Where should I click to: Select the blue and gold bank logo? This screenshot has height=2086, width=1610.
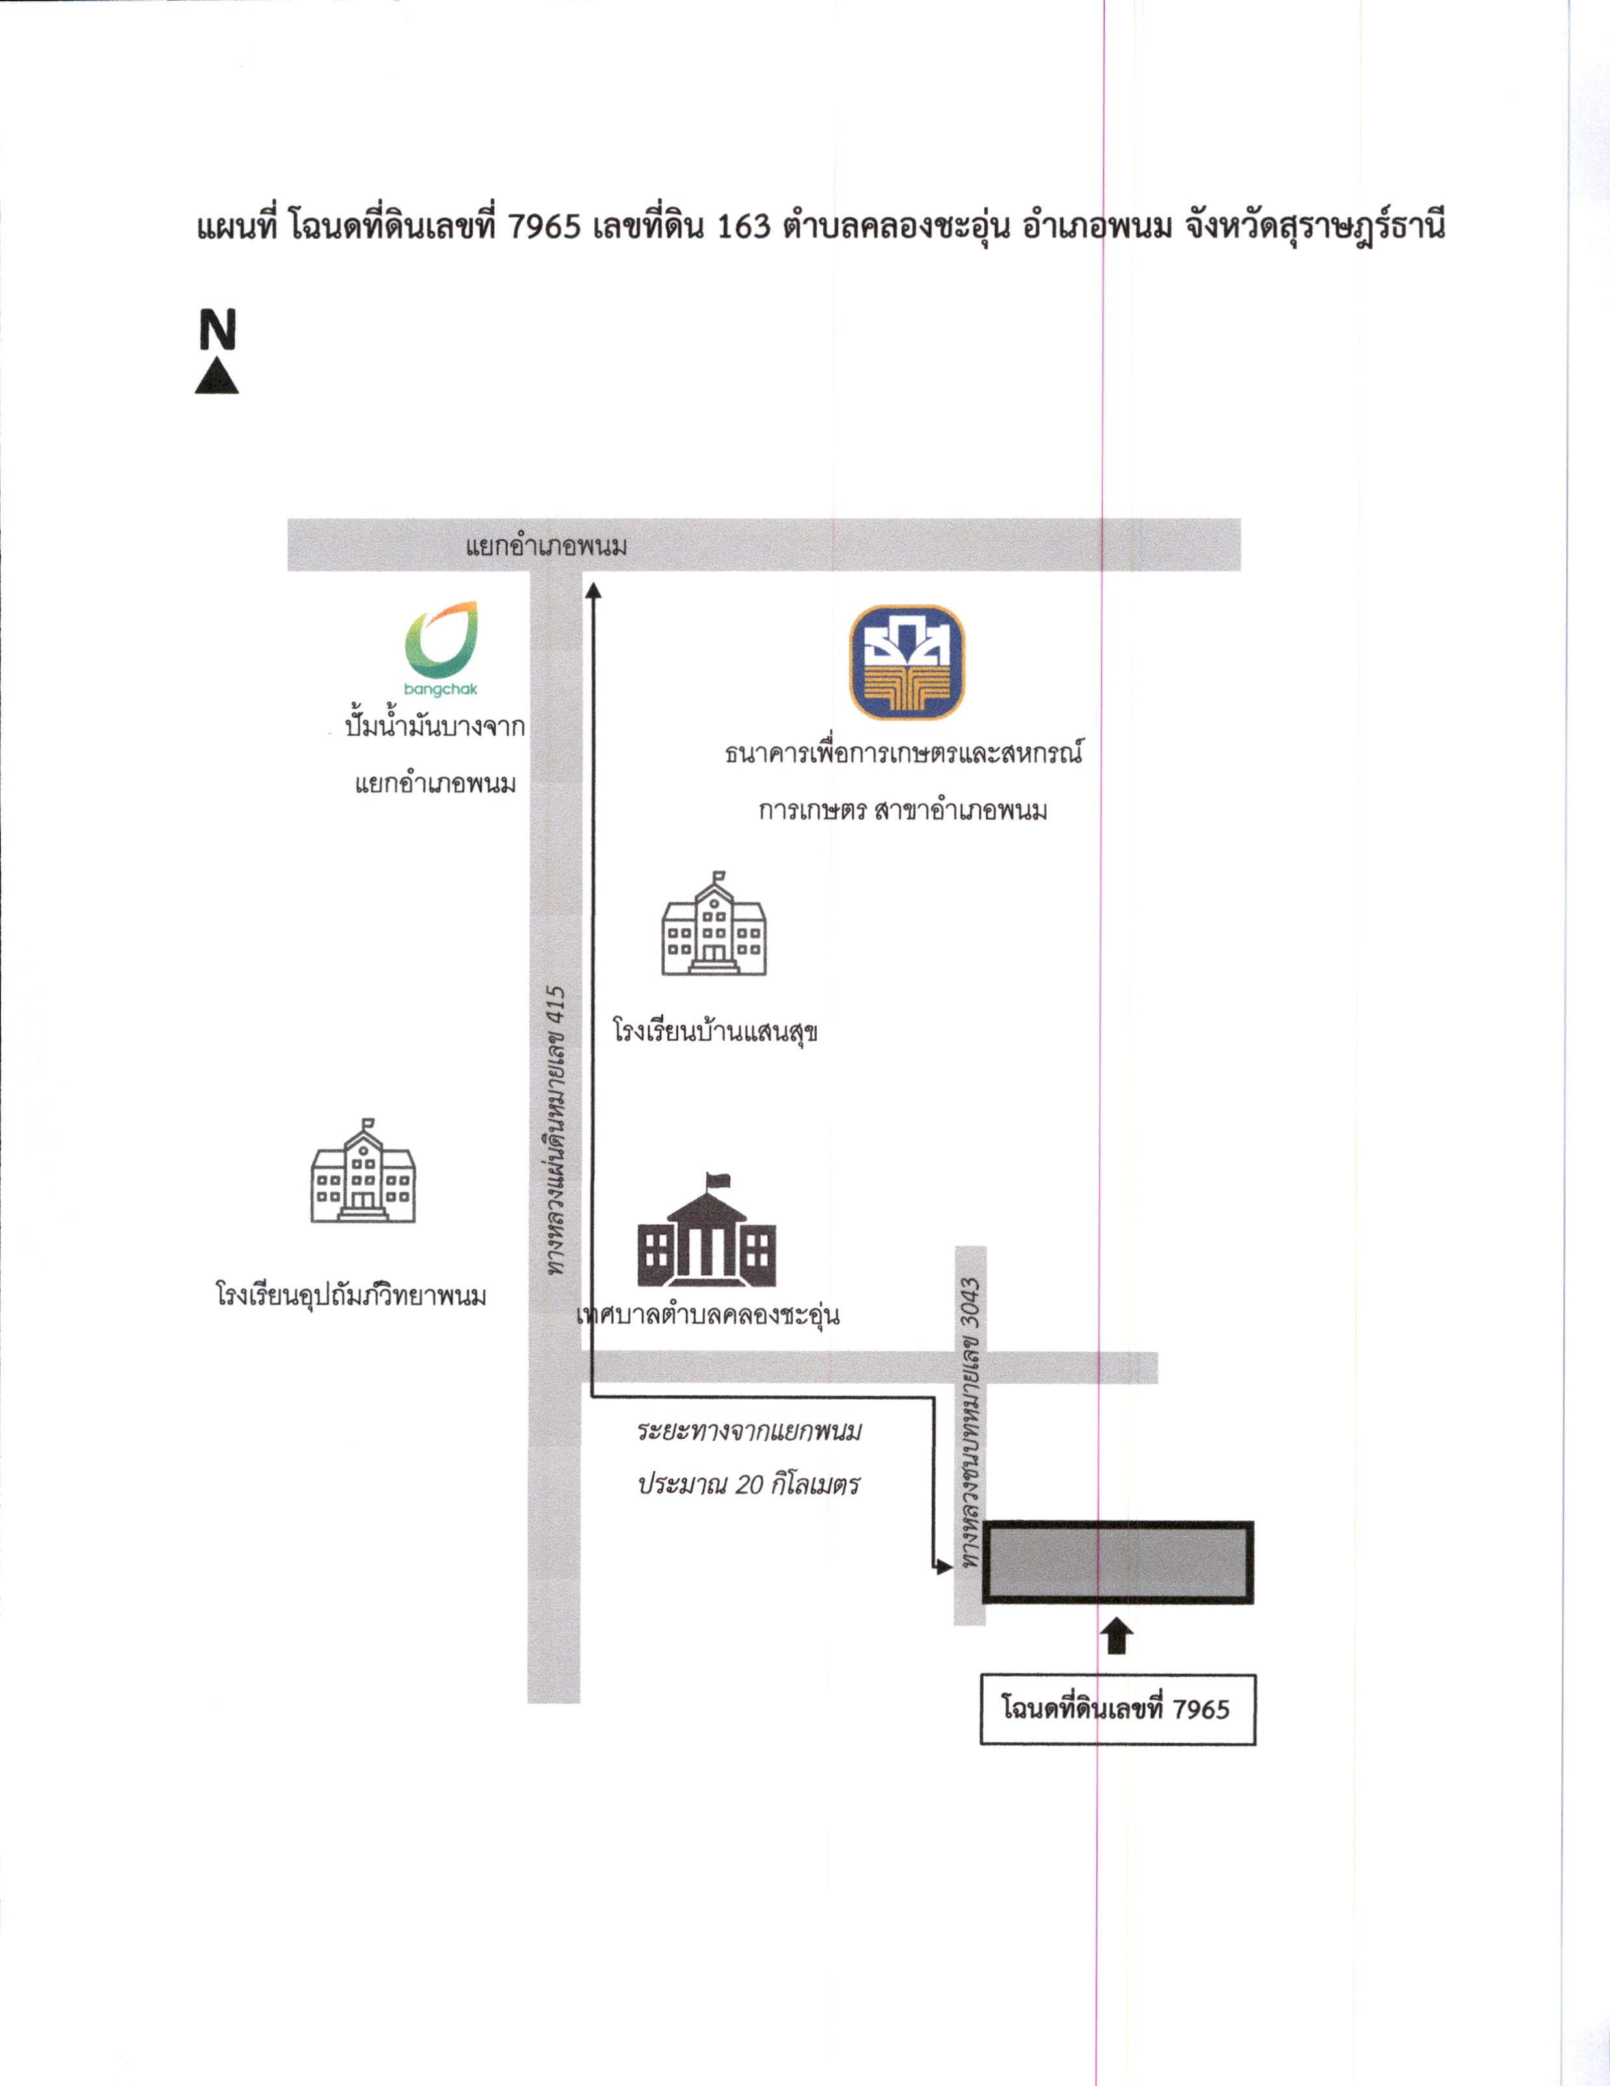pyautogui.click(x=907, y=662)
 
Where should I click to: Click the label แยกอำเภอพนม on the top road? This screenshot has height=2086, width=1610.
pyautogui.click(x=546, y=547)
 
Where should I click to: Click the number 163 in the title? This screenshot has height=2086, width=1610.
pyautogui.click(x=743, y=227)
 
